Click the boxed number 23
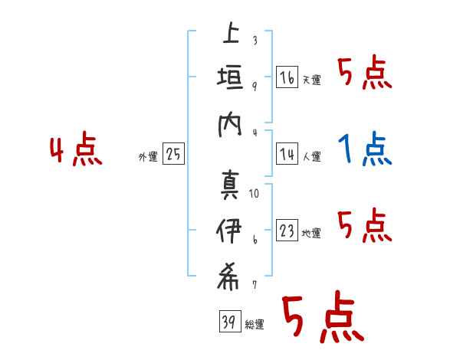click(x=287, y=231)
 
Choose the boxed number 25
click(x=173, y=155)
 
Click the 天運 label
click(x=311, y=80)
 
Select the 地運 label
click(x=311, y=234)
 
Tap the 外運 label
click(x=148, y=157)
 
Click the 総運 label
click(x=255, y=325)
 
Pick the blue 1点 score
click(x=365, y=149)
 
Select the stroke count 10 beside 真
click(x=254, y=194)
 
